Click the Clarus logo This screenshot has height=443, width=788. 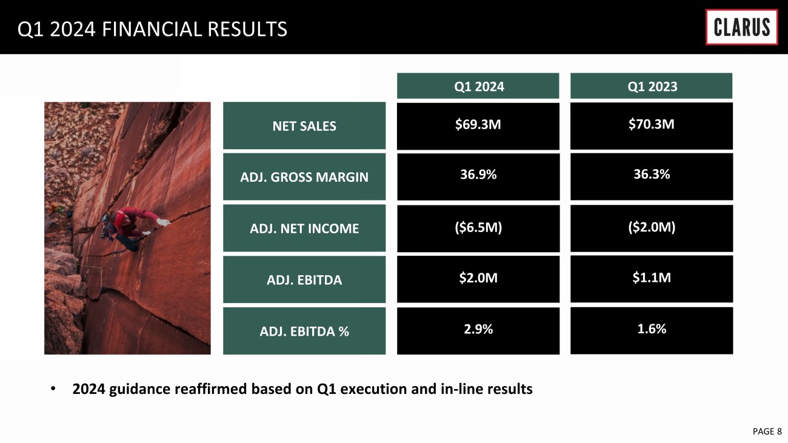741,27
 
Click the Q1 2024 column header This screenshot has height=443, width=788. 478,86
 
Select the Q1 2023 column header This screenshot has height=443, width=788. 651,86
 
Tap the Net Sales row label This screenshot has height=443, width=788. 304,125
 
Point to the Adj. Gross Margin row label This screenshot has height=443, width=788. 304,176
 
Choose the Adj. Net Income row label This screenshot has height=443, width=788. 304,228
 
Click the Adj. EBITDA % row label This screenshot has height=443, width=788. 304,331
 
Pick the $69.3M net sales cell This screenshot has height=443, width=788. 478,126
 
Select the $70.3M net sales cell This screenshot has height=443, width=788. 652,126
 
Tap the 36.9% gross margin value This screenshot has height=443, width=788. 478,175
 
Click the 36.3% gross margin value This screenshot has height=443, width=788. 652,174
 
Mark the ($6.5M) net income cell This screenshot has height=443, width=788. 478,228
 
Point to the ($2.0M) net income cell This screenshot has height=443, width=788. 652,228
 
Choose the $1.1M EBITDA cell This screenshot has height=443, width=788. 652,279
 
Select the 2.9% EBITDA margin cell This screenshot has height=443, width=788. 478,331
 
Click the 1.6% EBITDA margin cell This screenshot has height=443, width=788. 652,330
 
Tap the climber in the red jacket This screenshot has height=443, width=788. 130,227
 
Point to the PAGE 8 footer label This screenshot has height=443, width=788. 767,431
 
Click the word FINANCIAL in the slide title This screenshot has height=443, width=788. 152,29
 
